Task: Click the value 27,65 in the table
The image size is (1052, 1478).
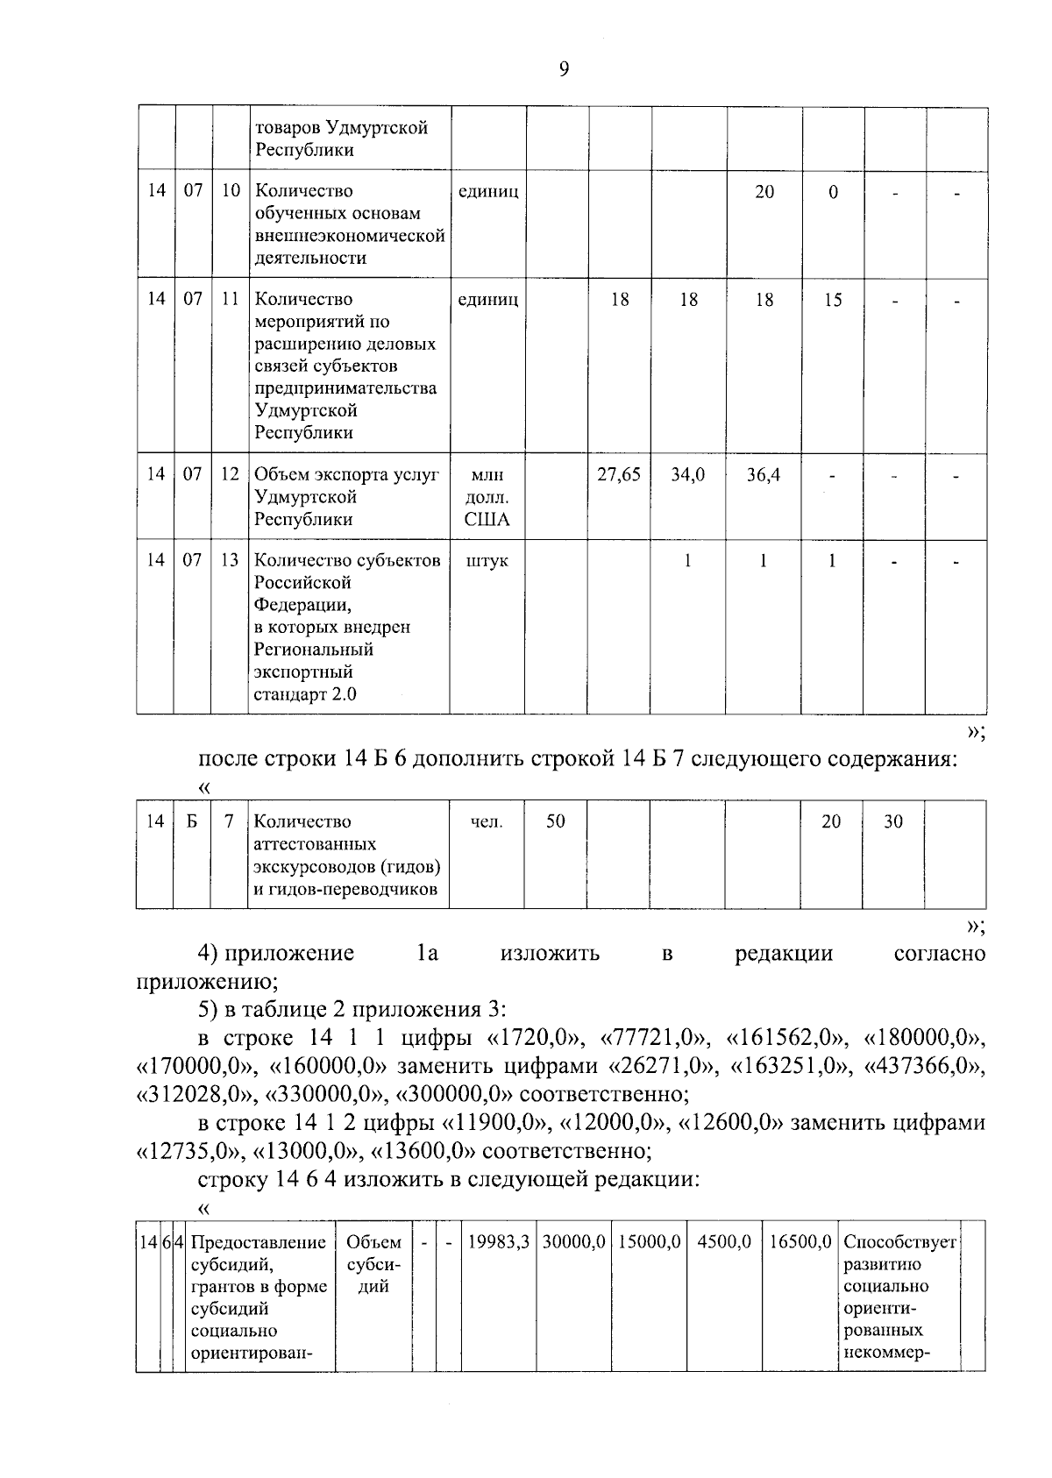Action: (619, 475)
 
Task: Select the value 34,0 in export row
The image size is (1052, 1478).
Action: (687, 475)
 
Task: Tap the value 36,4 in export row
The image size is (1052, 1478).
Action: (764, 475)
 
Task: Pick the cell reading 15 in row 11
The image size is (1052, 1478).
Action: (833, 301)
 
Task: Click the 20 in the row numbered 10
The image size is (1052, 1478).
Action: (764, 192)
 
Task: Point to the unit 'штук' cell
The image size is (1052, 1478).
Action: (487, 561)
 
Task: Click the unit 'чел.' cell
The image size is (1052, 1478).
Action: (487, 822)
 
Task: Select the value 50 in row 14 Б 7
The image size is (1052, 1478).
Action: (556, 821)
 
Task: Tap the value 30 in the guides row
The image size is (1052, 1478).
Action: (892, 821)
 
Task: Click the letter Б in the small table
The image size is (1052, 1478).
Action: (191, 821)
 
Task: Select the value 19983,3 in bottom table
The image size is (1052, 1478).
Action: (498, 1242)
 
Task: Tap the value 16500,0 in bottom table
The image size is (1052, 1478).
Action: (800, 1242)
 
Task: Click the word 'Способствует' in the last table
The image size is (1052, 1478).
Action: (899, 1242)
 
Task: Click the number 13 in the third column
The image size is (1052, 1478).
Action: (230, 561)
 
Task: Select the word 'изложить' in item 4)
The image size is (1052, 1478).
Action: (550, 954)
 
